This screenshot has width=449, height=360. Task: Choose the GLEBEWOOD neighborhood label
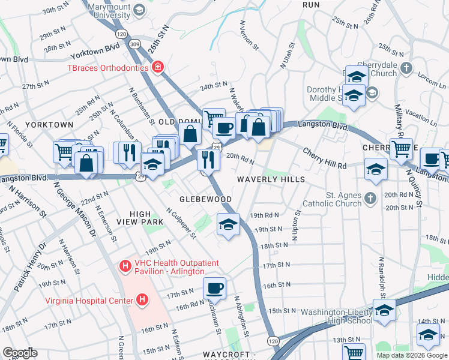206,199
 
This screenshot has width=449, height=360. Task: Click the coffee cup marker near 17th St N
215,289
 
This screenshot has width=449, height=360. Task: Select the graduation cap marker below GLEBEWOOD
228,225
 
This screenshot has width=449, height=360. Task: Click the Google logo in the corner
20,353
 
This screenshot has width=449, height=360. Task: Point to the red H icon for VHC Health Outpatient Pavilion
125,265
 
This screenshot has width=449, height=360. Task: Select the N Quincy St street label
414,186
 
